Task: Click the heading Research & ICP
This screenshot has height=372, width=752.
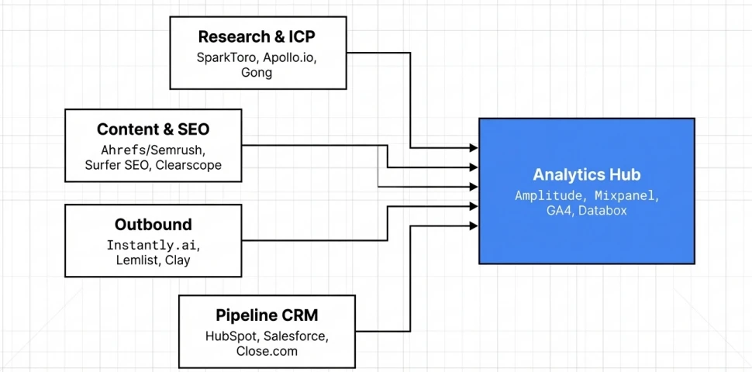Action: pyautogui.click(x=257, y=36)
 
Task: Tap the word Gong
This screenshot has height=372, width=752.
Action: pyautogui.click(x=257, y=72)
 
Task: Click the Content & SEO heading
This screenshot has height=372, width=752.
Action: pyautogui.click(x=153, y=129)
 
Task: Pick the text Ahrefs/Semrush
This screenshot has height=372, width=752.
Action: pyautogui.click(x=153, y=150)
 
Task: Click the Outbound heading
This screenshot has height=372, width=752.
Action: pyautogui.click(x=153, y=225)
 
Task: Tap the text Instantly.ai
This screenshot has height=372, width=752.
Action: pyautogui.click(x=153, y=246)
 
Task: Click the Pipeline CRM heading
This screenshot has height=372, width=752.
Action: pyautogui.click(x=267, y=315)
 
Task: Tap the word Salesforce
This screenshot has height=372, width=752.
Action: pyautogui.click(x=296, y=336)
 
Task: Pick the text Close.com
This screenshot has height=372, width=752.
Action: pyautogui.click(x=267, y=351)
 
